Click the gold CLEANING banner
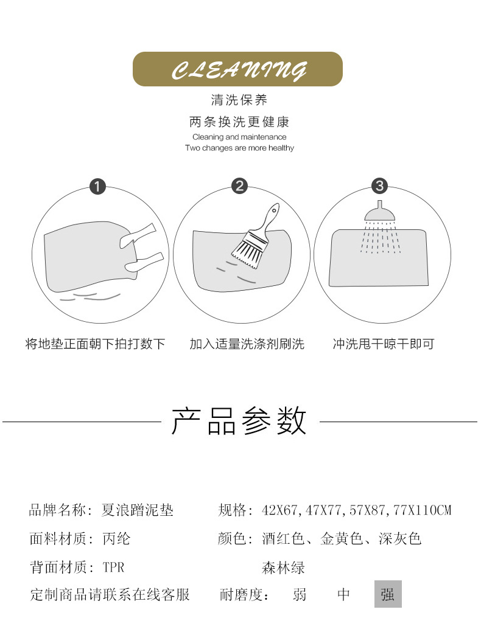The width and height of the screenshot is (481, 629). (238, 69)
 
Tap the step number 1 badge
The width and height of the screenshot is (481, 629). (97, 186)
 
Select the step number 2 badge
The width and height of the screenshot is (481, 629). (240, 186)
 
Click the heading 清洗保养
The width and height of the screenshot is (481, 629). (239, 100)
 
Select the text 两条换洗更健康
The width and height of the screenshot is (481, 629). (239, 122)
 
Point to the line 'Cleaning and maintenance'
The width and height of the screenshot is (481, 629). (239, 137)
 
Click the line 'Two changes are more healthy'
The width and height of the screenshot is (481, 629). (239, 148)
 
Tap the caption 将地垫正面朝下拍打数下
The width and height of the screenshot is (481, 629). (96, 344)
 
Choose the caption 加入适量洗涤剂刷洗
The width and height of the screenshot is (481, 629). (247, 344)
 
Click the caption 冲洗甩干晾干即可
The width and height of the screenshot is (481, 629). (384, 344)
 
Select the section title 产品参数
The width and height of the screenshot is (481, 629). (239, 421)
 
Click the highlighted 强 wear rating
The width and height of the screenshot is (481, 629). (388, 594)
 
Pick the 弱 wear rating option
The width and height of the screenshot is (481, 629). (300, 594)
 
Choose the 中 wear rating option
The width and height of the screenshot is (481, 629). (343, 594)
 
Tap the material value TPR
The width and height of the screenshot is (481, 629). (114, 568)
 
